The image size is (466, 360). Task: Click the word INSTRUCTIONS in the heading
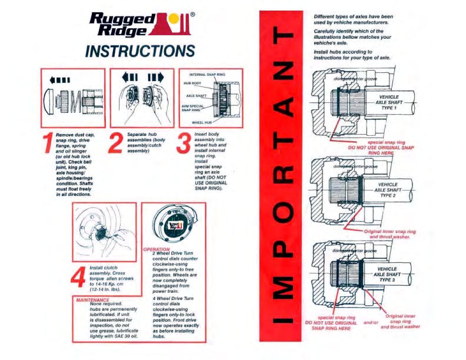(x=139, y=50)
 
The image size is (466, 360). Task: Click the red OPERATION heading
(x=156, y=249)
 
